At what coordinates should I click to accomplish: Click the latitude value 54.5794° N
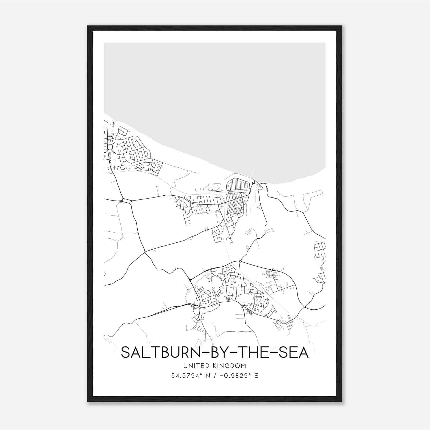(190, 376)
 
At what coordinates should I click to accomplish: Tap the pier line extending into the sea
(252, 173)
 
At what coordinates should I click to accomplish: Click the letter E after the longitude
(256, 376)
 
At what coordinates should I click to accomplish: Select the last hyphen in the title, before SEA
(273, 353)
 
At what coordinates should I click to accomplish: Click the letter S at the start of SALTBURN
(125, 352)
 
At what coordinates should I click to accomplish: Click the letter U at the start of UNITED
(185, 366)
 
